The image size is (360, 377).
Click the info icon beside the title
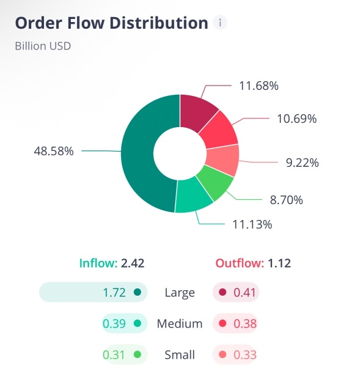click(221, 23)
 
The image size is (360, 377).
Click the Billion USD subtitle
click(43, 46)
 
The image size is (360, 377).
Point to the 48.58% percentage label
click(53, 151)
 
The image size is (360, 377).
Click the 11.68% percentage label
click(259, 86)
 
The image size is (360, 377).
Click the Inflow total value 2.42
click(133, 263)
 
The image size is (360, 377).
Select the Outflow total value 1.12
click(279, 263)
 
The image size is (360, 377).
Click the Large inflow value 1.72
click(114, 293)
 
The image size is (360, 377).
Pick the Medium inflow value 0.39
click(114, 324)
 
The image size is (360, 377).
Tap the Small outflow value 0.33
click(245, 355)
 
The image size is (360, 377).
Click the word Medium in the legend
click(180, 324)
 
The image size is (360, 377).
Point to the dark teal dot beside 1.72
click(137, 293)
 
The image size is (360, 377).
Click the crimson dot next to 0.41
click(222, 293)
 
